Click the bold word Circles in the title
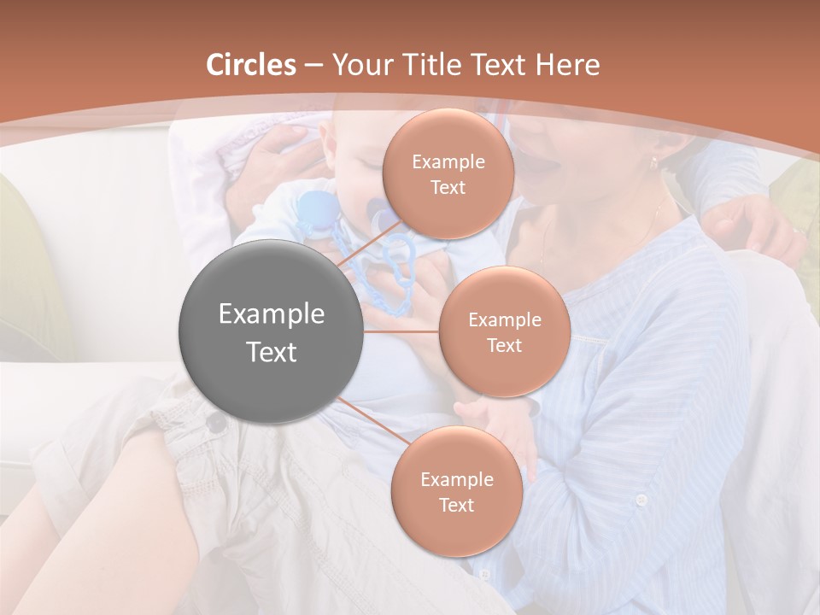(251, 65)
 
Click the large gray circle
(271, 331)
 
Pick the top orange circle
(448, 173)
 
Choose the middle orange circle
(504, 331)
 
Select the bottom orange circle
(456, 491)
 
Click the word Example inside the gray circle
(271, 314)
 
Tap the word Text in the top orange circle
(448, 187)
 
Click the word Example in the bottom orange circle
(456, 479)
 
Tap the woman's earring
(654, 161)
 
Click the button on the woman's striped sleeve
(641, 500)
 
